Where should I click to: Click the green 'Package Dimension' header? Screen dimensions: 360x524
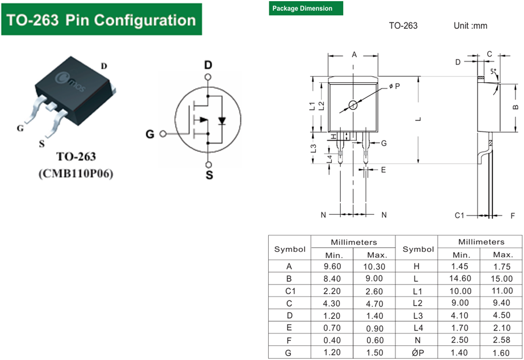click(x=306, y=9)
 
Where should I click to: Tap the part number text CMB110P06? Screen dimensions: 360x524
click(x=76, y=174)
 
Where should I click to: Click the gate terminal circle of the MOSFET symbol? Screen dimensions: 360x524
click(x=163, y=134)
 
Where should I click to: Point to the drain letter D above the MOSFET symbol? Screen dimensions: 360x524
click(x=208, y=65)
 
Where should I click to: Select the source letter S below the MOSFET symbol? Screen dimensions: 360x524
click(x=209, y=175)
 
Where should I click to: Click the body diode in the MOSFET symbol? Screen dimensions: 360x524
click(x=222, y=120)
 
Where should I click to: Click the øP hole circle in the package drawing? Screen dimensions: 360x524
click(x=353, y=105)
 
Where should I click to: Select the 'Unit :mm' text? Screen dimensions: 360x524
click(x=470, y=26)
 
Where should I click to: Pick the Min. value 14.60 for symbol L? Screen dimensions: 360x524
click(x=462, y=278)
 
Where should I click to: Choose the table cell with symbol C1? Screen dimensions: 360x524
click(x=289, y=291)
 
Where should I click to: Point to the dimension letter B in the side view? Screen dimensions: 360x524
click(x=515, y=107)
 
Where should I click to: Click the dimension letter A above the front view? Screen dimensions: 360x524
click(x=354, y=54)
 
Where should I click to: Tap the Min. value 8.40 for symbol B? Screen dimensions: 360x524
click(x=332, y=278)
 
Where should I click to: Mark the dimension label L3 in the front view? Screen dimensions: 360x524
click(x=313, y=149)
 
